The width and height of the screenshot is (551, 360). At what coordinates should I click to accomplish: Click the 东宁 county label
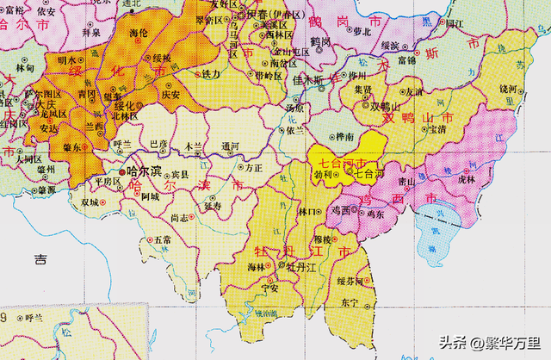point(348,303)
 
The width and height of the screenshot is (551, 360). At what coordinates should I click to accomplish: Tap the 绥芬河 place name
point(350,281)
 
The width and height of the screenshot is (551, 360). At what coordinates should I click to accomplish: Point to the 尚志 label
point(179,218)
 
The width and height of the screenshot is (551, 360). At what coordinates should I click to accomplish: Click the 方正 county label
point(252,170)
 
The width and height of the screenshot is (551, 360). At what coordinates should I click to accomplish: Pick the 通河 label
point(230,146)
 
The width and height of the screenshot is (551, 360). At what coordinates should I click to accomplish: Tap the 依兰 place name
point(294,129)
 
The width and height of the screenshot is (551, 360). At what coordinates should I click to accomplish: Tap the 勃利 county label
point(323,173)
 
